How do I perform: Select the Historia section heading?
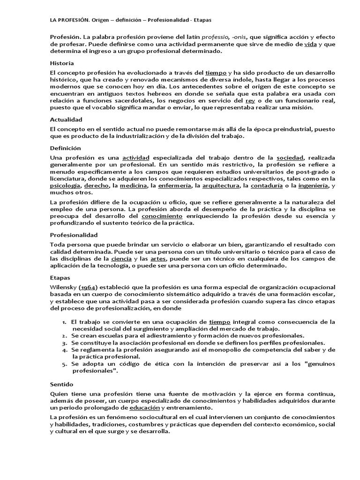point(62,63)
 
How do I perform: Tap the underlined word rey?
point(250,100)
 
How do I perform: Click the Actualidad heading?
point(66,120)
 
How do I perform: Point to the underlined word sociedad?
point(291,157)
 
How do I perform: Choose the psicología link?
point(65,186)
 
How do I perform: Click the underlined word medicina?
point(132,186)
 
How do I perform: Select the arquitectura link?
point(219,186)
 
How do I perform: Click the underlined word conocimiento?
point(162,217)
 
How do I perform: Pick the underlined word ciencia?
point(121,258)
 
